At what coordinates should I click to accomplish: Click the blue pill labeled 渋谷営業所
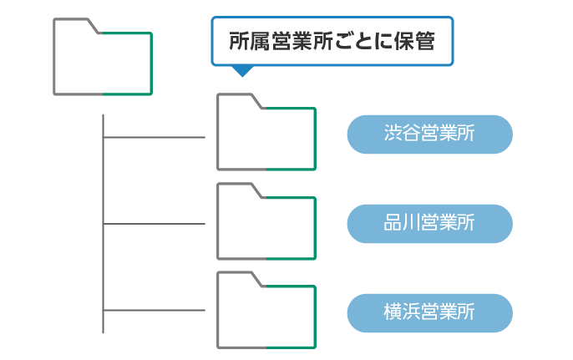[429, 134]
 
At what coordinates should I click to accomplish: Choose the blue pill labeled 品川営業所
[429, 223]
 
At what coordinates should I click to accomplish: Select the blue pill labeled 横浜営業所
[429, 312]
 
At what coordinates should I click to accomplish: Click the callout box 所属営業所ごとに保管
[332, 40]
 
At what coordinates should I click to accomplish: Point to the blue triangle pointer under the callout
[241, 71]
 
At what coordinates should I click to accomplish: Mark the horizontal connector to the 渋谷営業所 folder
[155, 136]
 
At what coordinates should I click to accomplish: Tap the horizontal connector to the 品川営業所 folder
[155, 224]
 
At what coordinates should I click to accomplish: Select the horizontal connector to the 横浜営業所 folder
[155, 312]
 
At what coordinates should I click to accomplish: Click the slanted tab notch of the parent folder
[94, 26]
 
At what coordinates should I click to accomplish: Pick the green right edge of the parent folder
[152, 63]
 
